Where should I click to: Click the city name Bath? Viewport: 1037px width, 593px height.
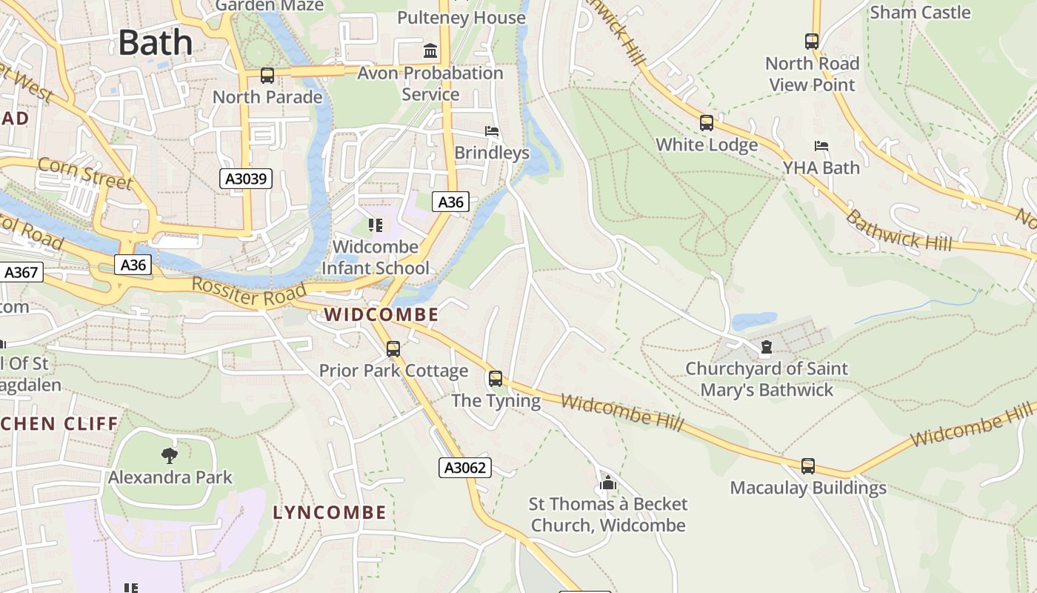point(156,42)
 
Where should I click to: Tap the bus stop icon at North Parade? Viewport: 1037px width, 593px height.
point(267,75)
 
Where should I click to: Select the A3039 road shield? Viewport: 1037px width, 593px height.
point(246,179)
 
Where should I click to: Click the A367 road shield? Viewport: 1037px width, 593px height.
point(20,272)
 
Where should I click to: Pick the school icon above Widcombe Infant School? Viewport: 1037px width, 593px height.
point(376,225)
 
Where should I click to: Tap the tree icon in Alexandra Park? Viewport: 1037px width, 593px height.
point(170,455)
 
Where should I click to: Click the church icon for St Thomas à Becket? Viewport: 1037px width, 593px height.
point(608,483)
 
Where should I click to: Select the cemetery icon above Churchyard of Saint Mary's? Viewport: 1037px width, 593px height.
point(766,347)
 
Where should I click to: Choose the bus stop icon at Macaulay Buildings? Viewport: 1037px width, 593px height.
point(808,466)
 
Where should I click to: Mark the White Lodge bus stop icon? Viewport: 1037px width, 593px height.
point(707,123)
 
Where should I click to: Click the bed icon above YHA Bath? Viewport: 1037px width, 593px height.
point(821,146)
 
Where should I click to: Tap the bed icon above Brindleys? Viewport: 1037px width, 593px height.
point(492,131)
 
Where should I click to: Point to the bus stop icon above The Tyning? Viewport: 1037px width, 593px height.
point(496,379)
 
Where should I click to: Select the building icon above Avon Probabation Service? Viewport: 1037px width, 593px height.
point(430,51)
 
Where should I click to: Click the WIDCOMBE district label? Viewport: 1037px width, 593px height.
point(381,314)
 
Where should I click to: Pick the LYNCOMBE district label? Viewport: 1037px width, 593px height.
point(330,512)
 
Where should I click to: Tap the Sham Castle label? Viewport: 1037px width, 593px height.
point(919,13)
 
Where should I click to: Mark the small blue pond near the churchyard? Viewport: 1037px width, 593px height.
point(753,322)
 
